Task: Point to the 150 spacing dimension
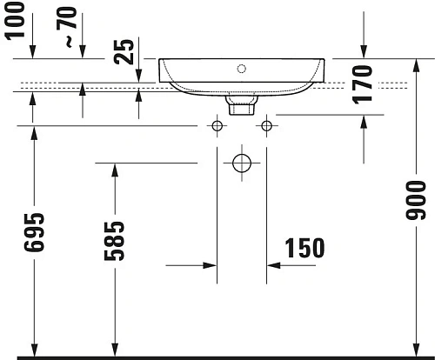tap(305, 248)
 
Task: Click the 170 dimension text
tap(364, 83)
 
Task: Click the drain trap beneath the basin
tap(239, 105)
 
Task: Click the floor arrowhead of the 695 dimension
tap(33, 349)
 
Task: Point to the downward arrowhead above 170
tap(364, 53)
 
